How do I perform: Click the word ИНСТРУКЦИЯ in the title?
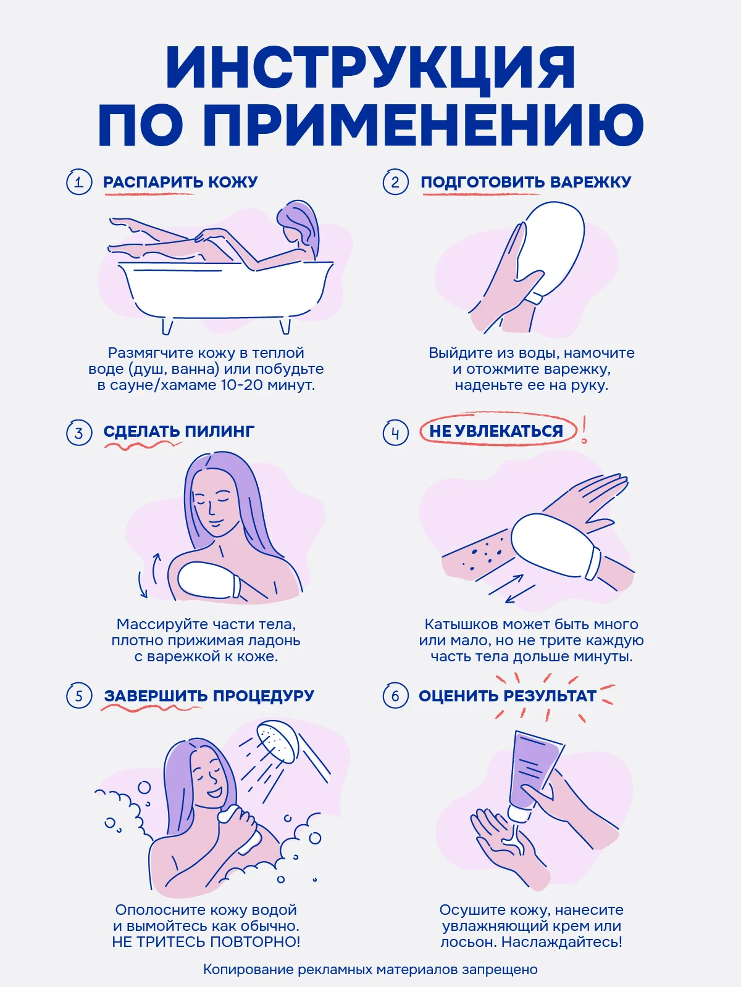coord(371,67)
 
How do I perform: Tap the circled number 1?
coord(79,182)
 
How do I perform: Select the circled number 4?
coord(395,433)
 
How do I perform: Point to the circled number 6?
coord(395,696)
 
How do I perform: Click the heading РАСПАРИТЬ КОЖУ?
coord(180,182)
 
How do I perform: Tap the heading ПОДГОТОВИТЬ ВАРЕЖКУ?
coord(526,182)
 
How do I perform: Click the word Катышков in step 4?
coord(461,624)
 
